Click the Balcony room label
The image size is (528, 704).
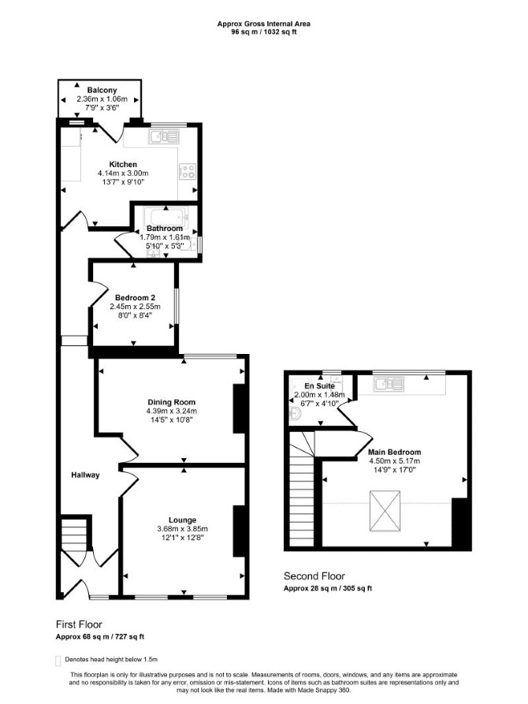[x=102, y=90]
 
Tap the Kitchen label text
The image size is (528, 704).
[x=123, y=164]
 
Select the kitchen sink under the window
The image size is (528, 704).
[x=164, y=136]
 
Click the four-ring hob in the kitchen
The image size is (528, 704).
[x=188, y=170]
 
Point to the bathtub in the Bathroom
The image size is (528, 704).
[x=165, y=218]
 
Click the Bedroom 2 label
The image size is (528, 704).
[x=135, y=298]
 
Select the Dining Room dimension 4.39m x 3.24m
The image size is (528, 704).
[x=172, y=411]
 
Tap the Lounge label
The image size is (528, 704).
[x=182, y=520]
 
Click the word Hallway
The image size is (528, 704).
[x=85, y=475]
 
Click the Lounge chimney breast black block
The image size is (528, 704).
[x=239, y=531]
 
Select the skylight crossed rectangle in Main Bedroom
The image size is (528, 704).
[x=385, y=511]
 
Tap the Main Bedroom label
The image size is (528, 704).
[x=395, y=453]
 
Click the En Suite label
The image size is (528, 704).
[x=320, y=386]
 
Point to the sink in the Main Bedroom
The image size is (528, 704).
[x=390, y=384]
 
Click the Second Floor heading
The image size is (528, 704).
[x=314, y=576]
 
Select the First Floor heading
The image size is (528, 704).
[x=79, y=624]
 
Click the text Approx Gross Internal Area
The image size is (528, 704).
[x=263, y=24]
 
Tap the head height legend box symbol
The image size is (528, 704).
[x=58, y=661]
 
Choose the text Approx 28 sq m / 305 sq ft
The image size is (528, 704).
[x=328, y=589]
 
